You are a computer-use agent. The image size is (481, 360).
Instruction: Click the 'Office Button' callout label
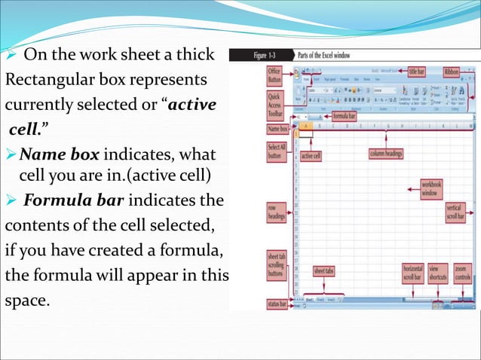(x=274, y=75)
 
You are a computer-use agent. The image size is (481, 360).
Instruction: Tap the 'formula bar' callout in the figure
(x=345, y=117)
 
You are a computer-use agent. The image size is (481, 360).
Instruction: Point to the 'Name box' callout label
(x=278, y=130)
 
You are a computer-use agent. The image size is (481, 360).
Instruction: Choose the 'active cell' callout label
(x=311, y=156)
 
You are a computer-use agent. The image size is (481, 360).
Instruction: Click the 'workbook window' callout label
(x=431, y=188)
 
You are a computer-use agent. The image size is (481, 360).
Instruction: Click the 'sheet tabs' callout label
(x=325, y=270)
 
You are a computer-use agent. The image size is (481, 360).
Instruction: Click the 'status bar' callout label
(x=279, y=303)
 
